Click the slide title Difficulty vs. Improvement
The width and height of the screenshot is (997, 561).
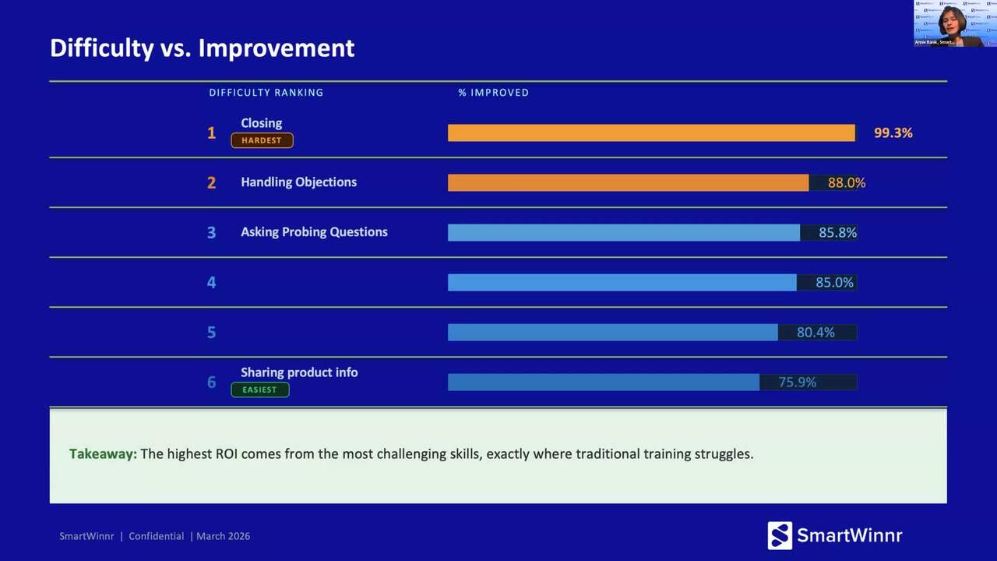coord(202,48)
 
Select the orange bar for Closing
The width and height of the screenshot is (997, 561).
coord(651,133)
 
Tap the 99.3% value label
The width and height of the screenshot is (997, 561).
coord(893,133)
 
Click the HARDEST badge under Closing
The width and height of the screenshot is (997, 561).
coord(262,141)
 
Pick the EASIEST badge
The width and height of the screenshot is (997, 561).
coord(259,390)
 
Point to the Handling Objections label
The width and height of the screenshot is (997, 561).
coord(298,182)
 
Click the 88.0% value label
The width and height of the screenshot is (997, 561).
coord(846,183)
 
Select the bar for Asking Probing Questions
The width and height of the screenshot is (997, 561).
coord(623,232)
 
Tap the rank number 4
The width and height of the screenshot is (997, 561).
coord(211,282)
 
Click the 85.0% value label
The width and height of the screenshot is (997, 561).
coord(834,283)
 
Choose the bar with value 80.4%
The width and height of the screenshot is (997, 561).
coord(612,333)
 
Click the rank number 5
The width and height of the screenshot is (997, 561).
coord(211,332)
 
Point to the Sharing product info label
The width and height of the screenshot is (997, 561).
coord(299,372)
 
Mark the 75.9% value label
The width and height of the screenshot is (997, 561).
coord(798,383)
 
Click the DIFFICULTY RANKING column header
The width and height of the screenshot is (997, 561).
coord(266,93)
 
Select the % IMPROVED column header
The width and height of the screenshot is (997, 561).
coord(493,93)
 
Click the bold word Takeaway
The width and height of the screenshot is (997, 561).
coord(103,453)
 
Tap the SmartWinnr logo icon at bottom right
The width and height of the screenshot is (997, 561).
coord(780,535)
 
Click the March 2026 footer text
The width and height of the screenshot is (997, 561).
coord(223,536)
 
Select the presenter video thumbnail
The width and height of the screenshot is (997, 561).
coord(954,23)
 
